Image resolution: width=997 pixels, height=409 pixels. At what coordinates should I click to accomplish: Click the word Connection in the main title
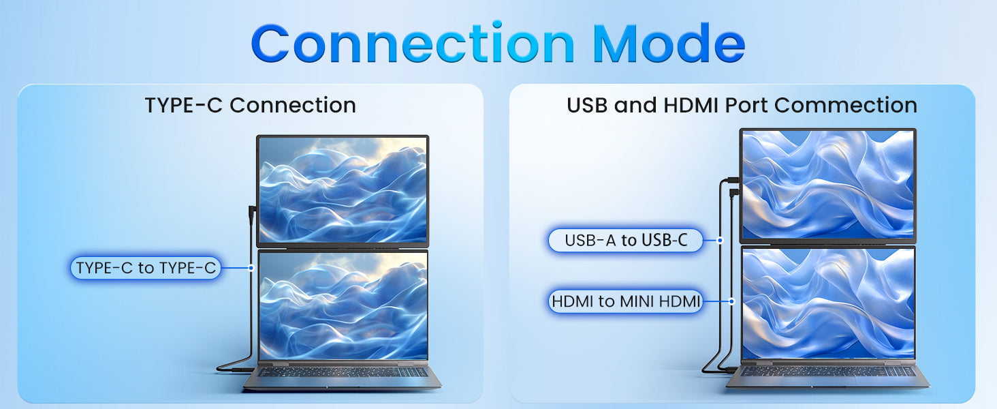(x=413, y=43)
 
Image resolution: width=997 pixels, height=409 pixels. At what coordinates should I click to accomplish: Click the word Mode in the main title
(x=669, y=43)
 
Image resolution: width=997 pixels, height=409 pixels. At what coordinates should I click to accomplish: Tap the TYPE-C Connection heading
(x=250, y=105)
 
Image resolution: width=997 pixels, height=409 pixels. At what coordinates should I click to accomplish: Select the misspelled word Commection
(x=846, y=105)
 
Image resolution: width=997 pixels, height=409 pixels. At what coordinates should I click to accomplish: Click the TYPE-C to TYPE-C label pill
(x=146, y=268)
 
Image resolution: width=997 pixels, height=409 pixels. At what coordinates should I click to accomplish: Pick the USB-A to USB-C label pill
(x=625, y=240)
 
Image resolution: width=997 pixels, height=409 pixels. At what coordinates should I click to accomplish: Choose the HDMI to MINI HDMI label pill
(x=625, y=301)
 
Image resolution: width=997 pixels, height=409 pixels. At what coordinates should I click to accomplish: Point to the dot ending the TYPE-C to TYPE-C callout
(x=251, y=268)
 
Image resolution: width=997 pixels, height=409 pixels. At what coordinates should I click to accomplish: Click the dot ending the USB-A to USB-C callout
(x=720, y=240)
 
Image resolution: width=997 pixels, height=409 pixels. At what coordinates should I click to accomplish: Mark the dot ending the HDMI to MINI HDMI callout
(x=731, y=301)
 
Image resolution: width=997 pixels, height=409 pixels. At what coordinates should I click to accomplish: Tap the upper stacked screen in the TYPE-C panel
(x=343, y=190)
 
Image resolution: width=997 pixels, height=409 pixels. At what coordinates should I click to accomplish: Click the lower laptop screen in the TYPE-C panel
(x=343, y=305)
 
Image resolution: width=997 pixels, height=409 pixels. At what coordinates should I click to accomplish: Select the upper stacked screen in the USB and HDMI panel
(x=828, y=185)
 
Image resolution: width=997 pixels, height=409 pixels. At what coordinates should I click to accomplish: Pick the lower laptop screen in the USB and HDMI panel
(x=828, y=303)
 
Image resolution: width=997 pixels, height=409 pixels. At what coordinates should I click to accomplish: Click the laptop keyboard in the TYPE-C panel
(x=343, y=372)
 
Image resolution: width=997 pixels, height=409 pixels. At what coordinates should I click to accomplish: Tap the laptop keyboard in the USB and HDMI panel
(x=829, y=371)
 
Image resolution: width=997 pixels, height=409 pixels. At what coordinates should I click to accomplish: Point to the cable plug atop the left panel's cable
(x=252, y=214)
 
